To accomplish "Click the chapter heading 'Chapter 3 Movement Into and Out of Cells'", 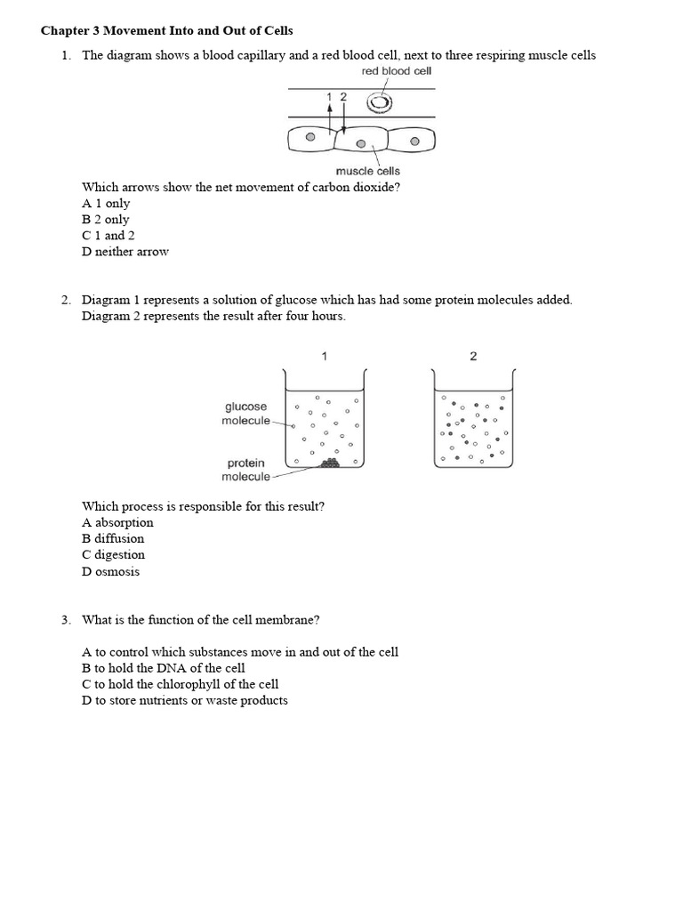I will tap(166, 30).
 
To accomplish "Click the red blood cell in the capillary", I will tap(380, 104).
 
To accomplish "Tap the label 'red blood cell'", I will tap(396, 71).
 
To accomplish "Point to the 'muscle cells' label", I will tap(367, 171).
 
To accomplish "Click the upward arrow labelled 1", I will tap(330, 116).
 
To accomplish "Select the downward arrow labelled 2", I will tap(343, 117).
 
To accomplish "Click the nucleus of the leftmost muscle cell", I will tap(309, 139).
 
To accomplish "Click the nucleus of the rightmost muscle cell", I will tap(414, 140).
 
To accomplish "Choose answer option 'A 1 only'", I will tap(106, 204).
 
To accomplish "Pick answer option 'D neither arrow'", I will tap(125, 252).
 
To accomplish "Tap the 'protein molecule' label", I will tap(246, 470).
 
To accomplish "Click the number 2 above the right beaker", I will tap(473, 357).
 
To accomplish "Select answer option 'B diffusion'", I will tap(113, 538).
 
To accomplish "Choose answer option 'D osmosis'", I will tap(111, 571).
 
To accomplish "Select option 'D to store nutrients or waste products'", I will tap(185, 700).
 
